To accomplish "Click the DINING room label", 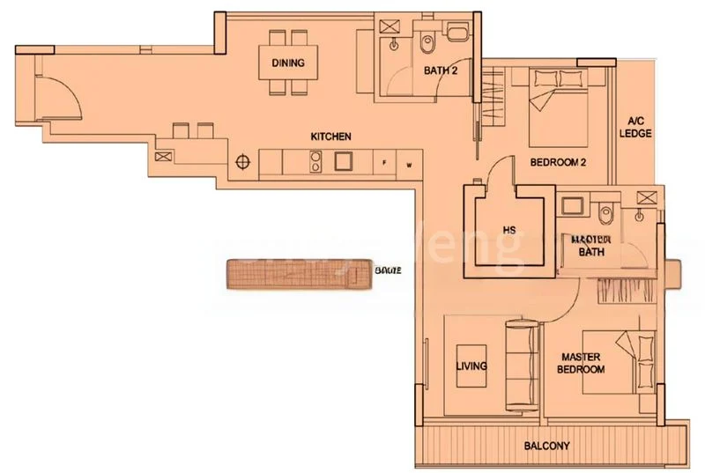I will pyautogui.click(x=287, y=63).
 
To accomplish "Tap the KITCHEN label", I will pyautogui.click(x=331, y=137).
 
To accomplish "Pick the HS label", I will pyautogui.click(x=509, y=231).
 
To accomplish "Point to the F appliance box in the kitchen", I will pyautogui.click(x=385, y=164).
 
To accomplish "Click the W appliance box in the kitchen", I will pyautogui.click(x=409, y=164).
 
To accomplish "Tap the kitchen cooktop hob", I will pyautogui.click(x=314, y=160).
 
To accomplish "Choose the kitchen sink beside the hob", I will pyautogui.click(x=343, y=161).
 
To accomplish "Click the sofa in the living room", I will pyautogui.click(x=521, y=363).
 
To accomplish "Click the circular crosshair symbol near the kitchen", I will pyautogui.click(x=244, y=161).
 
